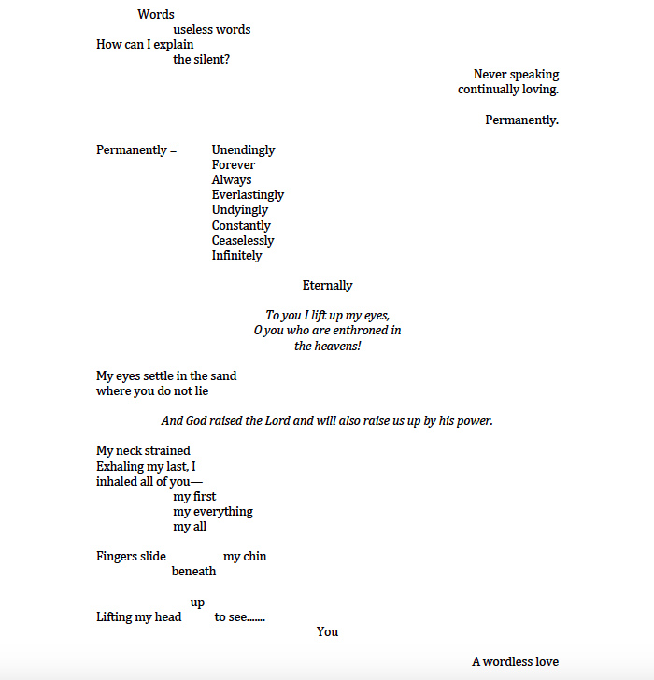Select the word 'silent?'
213,59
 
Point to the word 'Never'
490,75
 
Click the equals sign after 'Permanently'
173,150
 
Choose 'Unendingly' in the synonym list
243,150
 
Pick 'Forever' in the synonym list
233,165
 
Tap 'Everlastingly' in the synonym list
248,195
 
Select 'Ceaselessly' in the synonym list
243,240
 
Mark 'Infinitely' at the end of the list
236,255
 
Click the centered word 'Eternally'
327,285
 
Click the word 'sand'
224,375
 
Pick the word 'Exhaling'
121,466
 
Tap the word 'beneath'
193,572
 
